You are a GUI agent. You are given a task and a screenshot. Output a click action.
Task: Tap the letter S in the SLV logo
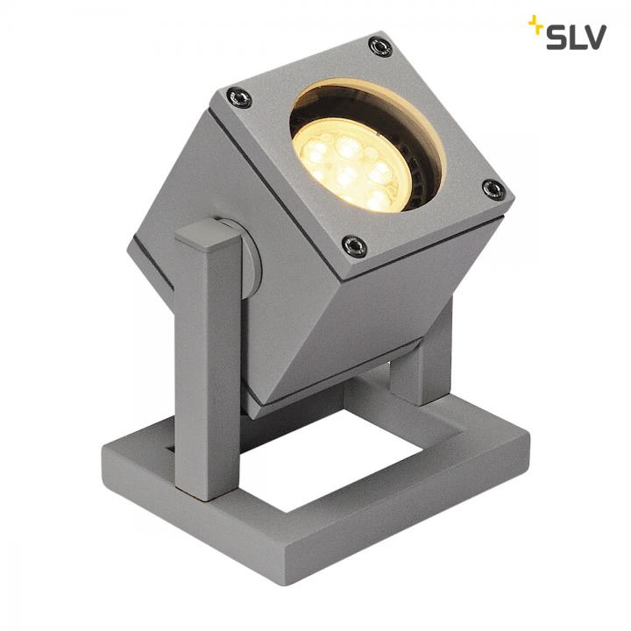click(x=557, y=37)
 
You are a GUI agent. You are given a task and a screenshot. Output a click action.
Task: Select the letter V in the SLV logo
click(x=593, y=37)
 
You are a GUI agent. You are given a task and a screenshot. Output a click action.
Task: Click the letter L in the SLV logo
click(x=576, y=37)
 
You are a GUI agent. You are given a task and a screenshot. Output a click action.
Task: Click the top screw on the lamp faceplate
click(x=379, y=46)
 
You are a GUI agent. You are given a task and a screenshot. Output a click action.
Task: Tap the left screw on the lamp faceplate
click(x=239, y=97)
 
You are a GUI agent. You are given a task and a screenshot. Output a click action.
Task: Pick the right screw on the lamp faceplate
click(x=493, y=189)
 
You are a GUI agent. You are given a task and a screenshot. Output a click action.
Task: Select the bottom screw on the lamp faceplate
click(x=354, y=245)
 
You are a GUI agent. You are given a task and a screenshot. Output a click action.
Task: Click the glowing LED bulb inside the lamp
click(x=350, y=165)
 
